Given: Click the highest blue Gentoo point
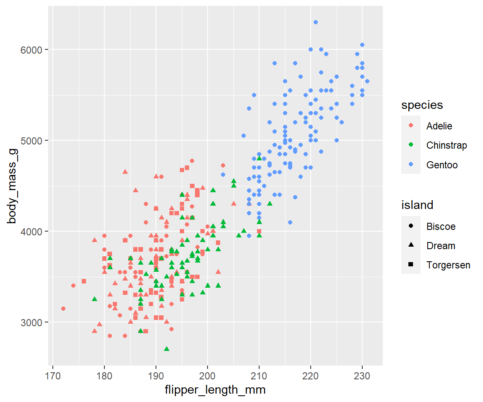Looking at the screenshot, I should tap(316, 22).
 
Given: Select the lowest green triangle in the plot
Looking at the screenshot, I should tap(166, 348).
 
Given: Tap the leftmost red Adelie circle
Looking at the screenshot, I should tap(63, 309).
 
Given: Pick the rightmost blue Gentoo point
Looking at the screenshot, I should tap(367, 81).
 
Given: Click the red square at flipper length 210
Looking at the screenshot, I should tap(259, 231).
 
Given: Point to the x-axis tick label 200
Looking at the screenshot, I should tap(208, 374).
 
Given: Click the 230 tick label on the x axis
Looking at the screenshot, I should tap(362, 374).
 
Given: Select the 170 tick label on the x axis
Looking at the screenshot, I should tap(53, 374).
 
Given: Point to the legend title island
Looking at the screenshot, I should tap(417, 205).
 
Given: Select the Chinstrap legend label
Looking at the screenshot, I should tap(446, 145).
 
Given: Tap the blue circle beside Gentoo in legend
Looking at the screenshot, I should tap(411, 165).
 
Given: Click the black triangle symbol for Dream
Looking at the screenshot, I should tap(411, 245).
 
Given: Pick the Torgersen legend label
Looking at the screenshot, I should tap(448, 265).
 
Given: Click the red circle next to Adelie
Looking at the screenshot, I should tap(411, 126).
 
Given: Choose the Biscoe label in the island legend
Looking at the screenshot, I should tap(441, 227).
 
